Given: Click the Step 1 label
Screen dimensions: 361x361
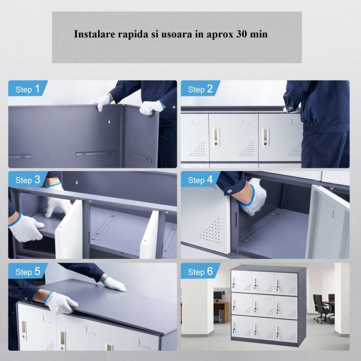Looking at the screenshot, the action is point(28,89).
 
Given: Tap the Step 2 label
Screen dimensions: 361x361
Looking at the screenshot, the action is point(200,89).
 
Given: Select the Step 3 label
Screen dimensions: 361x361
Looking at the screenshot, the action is point(28,180).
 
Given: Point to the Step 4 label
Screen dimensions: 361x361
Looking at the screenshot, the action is point(200,180).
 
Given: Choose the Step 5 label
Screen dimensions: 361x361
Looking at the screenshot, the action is point(28,272).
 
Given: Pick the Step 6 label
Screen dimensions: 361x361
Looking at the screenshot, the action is point(200,272).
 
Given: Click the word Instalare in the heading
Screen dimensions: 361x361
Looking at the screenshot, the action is point(94,34).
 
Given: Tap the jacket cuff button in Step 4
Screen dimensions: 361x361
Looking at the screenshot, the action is point(229,191).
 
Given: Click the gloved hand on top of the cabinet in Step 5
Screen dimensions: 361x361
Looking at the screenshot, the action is point(114,284).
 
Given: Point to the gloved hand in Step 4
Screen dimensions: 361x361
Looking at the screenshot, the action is point(253,197).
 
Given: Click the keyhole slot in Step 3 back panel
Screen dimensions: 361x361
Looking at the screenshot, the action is point(77,182).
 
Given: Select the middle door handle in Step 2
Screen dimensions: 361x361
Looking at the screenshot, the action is point(216,137).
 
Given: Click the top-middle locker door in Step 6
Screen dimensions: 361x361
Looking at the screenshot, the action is point(263,282).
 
